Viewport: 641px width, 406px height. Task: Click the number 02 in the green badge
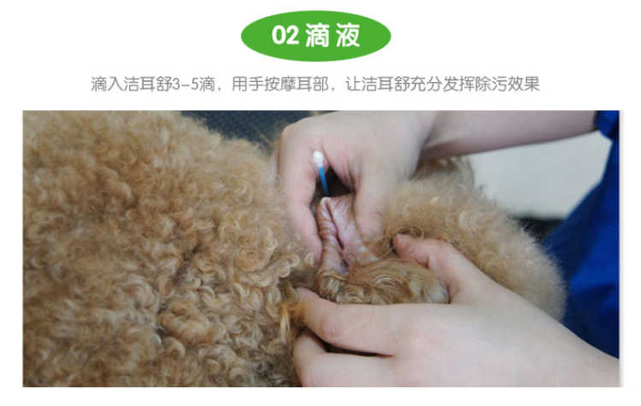285,35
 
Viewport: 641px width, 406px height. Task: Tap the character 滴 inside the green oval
317,35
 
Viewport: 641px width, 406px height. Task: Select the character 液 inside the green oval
348,35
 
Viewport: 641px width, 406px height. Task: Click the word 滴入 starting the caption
107,85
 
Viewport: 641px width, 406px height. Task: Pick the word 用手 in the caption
248,85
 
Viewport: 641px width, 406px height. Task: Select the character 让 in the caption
353,85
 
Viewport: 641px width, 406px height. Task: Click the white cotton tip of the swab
318,160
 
